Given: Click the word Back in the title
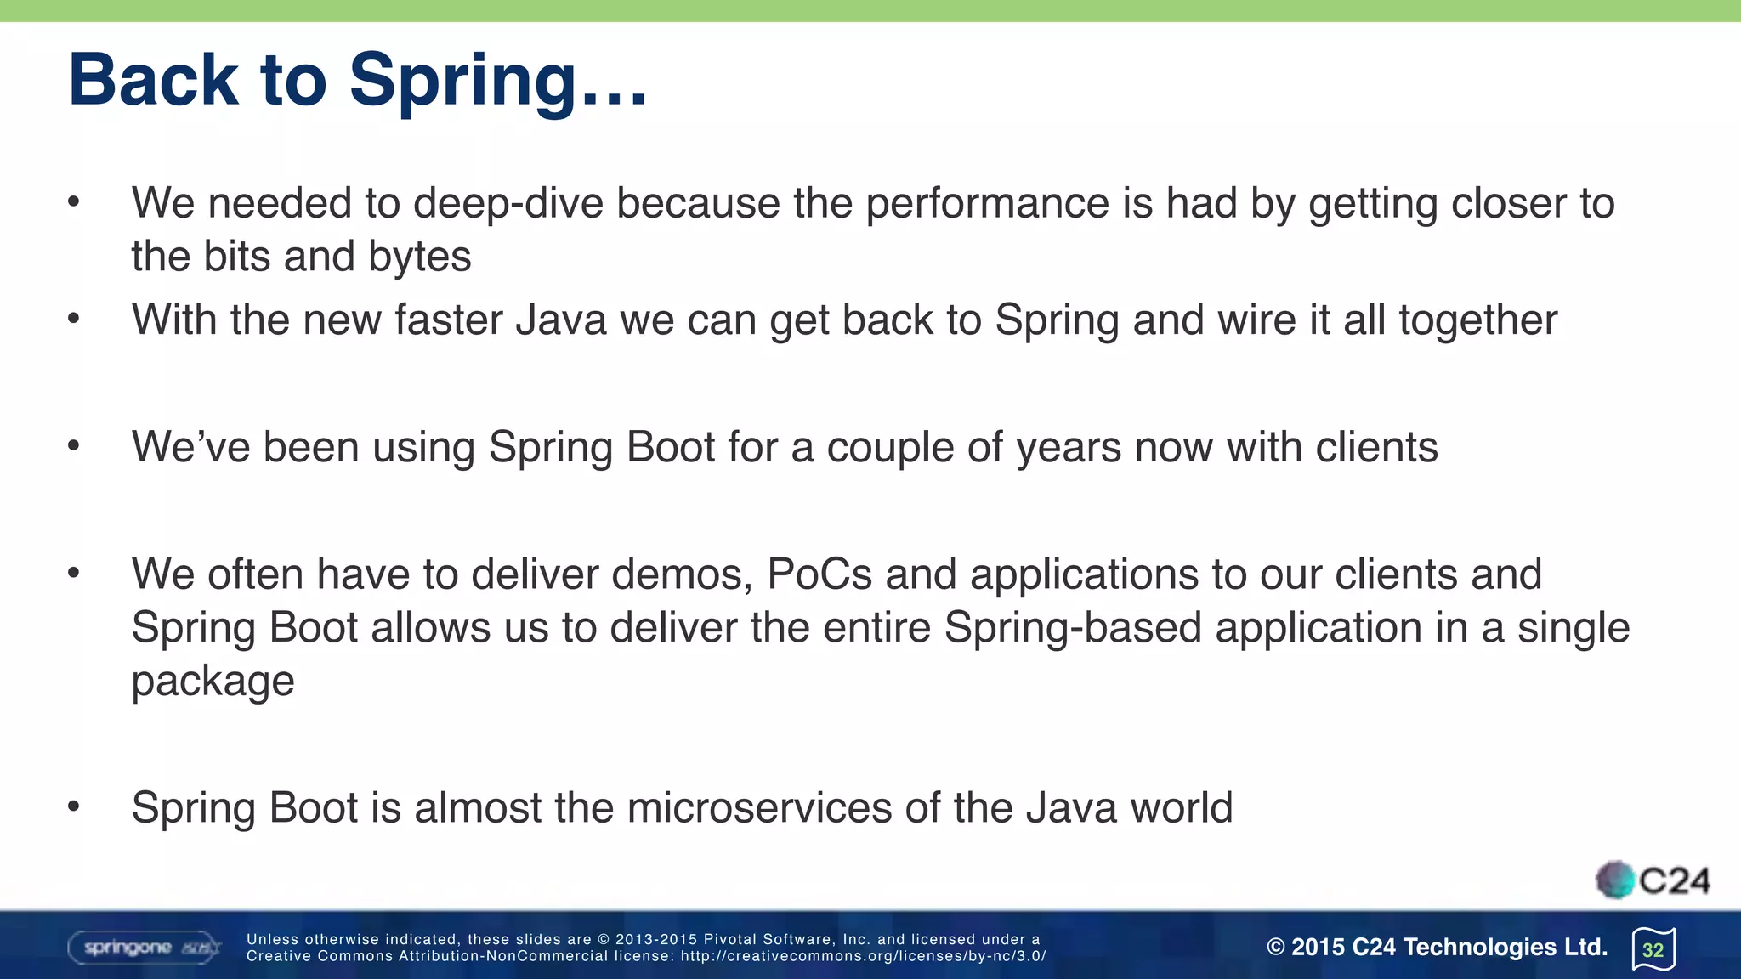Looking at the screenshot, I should (x=153, y=80).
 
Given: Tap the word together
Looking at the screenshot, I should (x=1477, y=320).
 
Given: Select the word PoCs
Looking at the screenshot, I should (x=819, y=574).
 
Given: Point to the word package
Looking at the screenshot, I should (x=213, y=682).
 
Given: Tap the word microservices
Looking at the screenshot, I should (x=759, y=807).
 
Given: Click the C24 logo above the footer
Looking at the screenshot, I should (x=1653, y=880).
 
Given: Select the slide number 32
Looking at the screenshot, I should (x=1653, y=949).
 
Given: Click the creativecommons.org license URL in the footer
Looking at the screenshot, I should (x=862, y=956).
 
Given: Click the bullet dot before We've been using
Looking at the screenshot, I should (x=74, y=446).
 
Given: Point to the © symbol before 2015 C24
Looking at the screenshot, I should (x=1275, y=947).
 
